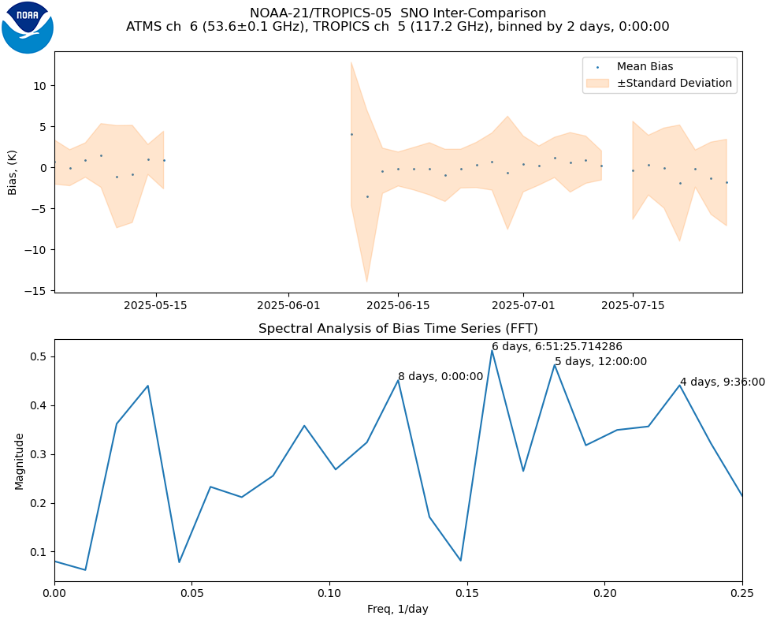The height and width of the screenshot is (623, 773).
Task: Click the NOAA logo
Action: tap(28, 28)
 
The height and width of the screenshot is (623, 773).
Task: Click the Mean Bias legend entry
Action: tap(645, 66)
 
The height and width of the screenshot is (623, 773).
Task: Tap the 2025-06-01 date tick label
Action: tap(288, 305)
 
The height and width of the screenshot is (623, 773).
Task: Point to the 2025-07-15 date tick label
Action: tap(633, 305)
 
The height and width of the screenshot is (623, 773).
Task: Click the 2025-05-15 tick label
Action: tap(155, 305)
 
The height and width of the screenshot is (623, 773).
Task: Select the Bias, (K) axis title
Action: tap(13, 172)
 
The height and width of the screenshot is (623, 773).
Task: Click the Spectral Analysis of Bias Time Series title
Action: tap(398, 329)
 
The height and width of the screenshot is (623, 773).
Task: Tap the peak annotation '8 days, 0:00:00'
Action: tap(440, 377)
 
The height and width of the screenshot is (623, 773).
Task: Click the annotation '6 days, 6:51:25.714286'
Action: tap(557, 347)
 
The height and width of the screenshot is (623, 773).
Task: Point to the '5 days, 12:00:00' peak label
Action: tap(600, 362)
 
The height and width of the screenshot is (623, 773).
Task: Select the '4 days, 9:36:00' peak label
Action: tap(722, 382)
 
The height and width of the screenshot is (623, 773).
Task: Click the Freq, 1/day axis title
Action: tap(398, 609)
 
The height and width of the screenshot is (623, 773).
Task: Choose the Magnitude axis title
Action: tap(19, 461)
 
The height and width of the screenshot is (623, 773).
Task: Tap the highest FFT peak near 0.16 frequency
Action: tap(492, 350)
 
